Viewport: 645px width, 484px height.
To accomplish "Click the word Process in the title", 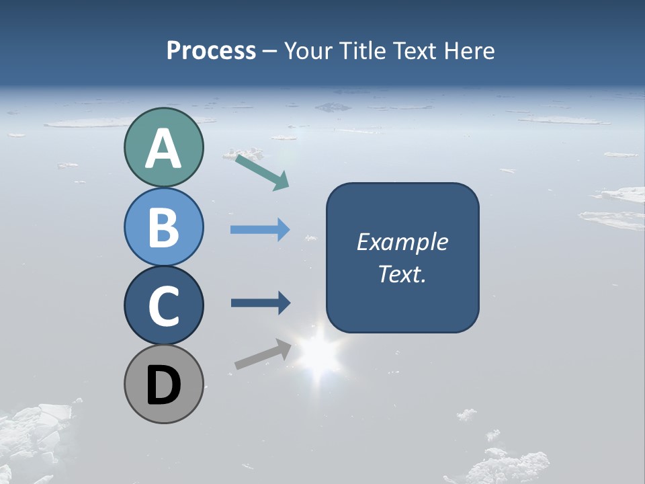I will (x=211, y=51).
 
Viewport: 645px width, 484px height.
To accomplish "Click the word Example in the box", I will (x=402, y=242).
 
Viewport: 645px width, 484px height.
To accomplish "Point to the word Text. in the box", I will (x=402, y=274).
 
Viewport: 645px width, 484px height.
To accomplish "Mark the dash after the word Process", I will (x=270, y=52).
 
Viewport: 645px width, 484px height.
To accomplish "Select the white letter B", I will (x=163, y=228).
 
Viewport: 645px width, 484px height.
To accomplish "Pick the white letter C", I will (x=163, y=307).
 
